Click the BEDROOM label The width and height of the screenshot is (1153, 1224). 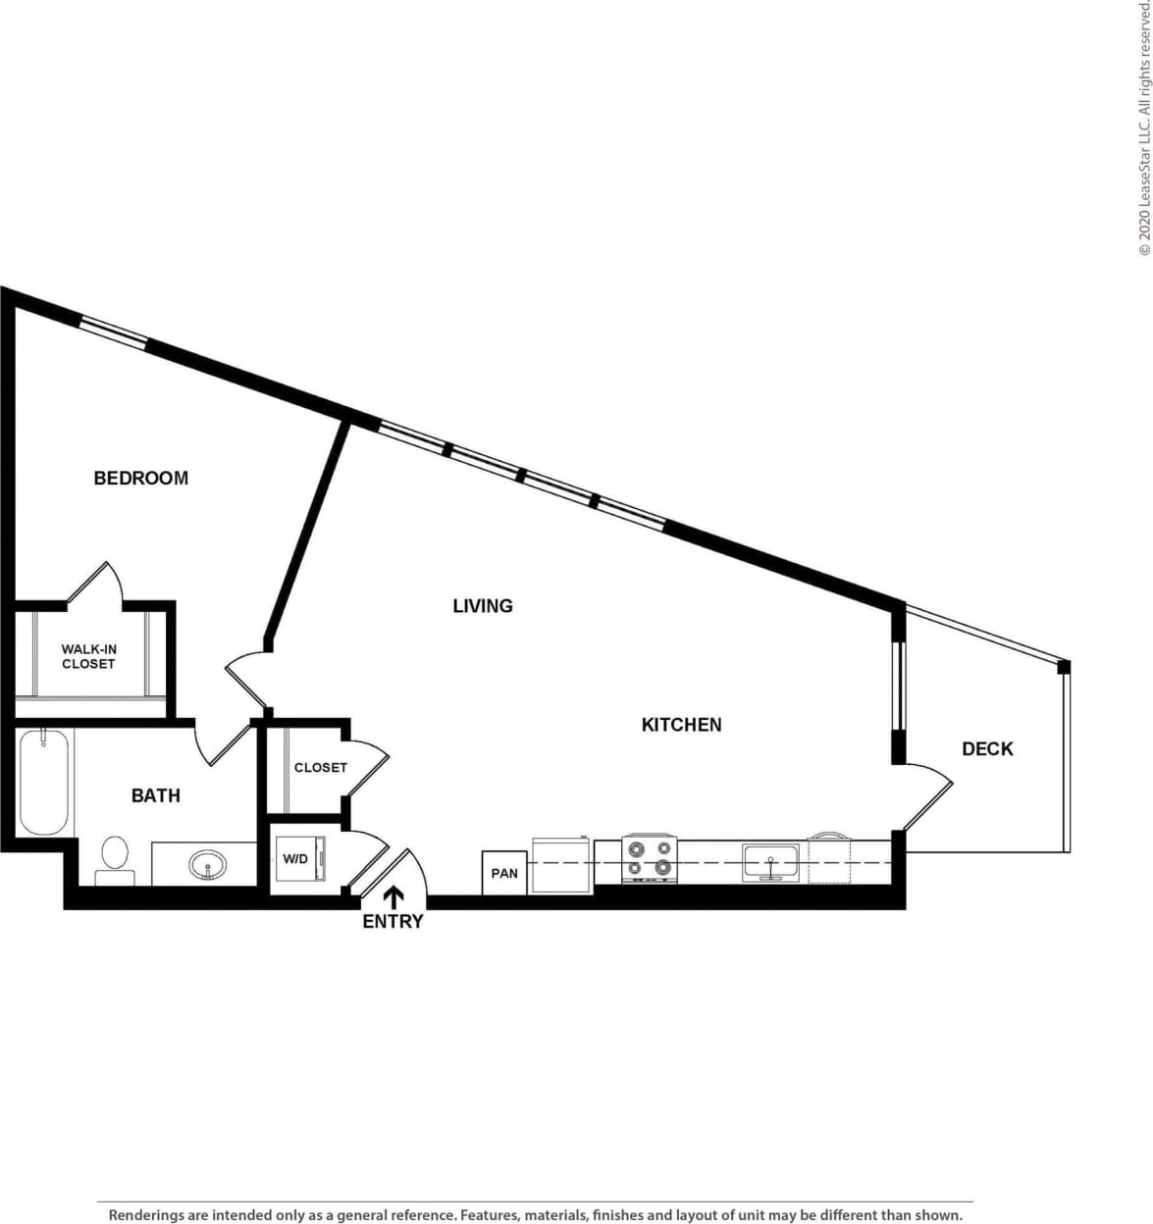tap(140, 478)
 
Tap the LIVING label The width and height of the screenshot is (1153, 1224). tap(482, 605)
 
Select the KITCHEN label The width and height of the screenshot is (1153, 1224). tap(681, 724)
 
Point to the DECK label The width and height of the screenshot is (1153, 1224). tap(986, 748)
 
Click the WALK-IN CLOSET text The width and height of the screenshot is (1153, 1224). tap(88, 656)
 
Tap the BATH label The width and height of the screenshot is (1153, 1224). tap(155, 794)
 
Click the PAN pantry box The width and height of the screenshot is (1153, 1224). tap(504, 873)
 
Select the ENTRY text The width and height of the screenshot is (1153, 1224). tap(393, 921)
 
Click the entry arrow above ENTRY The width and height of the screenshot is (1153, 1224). tap(393, 896)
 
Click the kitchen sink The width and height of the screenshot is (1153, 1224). tap(771, 862)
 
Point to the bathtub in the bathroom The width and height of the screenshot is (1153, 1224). tap(44, 782)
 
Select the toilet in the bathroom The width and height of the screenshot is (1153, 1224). tap(115, 860)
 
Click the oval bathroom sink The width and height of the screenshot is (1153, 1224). tap(208, 865)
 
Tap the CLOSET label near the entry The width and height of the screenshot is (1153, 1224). tap(320, 767)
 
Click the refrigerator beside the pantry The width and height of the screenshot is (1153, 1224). tap(561, 865)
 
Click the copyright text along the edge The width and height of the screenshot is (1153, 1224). tap(1143, 127)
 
